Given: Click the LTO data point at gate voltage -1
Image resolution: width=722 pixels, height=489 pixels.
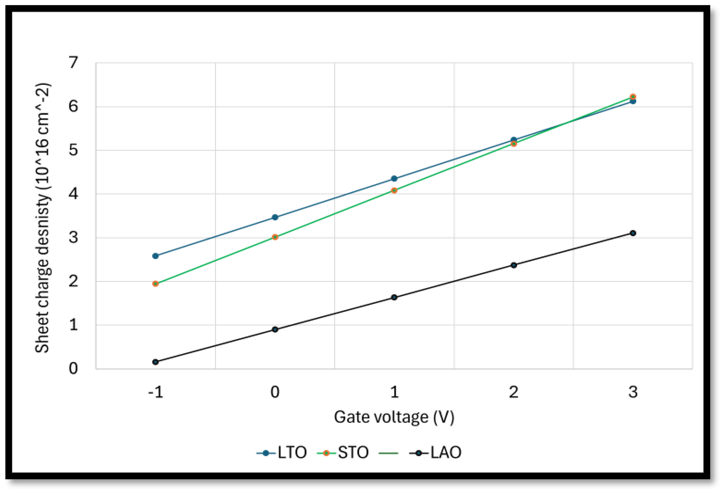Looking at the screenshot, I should point(155,256).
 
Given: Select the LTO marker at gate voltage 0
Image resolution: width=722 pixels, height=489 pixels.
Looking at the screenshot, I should point(275,217).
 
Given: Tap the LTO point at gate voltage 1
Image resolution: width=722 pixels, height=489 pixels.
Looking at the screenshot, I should point(394,178).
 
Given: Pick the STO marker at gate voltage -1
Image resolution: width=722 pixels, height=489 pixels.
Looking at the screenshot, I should point(155,283).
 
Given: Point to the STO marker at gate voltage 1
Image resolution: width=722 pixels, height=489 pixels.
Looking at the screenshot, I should point(394,190).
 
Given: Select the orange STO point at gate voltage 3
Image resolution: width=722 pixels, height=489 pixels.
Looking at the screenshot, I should point(633,97).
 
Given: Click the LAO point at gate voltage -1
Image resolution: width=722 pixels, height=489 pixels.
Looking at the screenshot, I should point(155,362).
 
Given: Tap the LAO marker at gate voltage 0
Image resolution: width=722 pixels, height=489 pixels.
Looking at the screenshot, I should point(275,329).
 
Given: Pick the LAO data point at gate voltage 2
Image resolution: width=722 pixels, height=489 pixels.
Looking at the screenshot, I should point(514,265).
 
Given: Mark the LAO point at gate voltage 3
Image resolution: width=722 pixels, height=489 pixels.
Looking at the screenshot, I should point(633,233).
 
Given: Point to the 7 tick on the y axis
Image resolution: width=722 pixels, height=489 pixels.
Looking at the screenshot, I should point(73,62).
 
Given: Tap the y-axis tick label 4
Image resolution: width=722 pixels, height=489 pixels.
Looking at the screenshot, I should point(73,194).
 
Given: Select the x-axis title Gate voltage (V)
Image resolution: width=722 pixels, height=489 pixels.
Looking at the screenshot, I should point(394,417).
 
